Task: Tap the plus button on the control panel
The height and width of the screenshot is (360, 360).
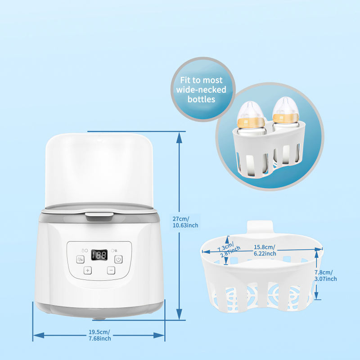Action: [87, 270]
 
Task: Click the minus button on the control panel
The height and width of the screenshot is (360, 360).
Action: [111, 270]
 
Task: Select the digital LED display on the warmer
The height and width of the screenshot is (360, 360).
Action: [99, 255]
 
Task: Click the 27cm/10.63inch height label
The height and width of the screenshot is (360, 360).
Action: [185, 222]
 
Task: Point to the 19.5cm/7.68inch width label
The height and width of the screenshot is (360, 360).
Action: [100, 335]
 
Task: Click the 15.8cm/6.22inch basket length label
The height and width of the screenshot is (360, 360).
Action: [265, 250]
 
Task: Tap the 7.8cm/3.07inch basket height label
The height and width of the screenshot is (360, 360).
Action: [325, 275]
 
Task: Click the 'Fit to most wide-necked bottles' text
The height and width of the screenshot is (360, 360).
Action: [201, 90]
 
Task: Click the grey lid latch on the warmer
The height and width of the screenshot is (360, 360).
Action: [99, 217]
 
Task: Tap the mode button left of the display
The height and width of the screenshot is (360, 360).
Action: [80, 260]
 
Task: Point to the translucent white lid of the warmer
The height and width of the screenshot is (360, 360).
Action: [99, 169]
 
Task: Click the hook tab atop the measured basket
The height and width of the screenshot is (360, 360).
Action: [260, 227]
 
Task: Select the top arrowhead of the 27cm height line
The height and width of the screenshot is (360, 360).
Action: [179, 137]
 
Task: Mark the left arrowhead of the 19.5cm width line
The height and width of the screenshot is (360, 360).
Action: [39, 335]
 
